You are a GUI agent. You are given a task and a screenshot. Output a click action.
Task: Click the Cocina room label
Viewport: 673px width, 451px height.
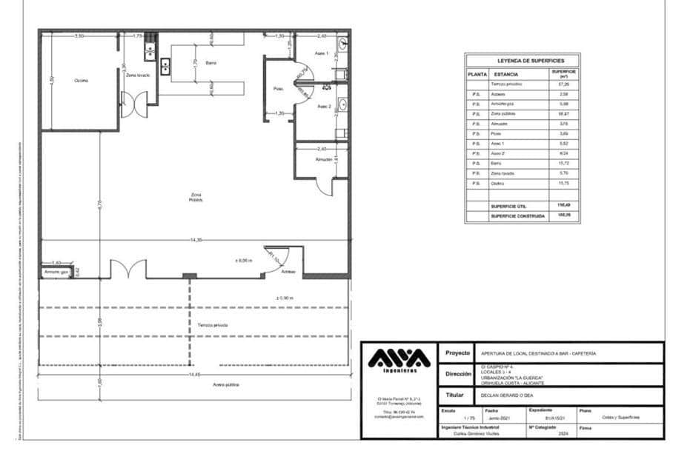tap(82, 81)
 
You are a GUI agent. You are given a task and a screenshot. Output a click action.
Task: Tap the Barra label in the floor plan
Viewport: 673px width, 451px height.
tap(211, 64)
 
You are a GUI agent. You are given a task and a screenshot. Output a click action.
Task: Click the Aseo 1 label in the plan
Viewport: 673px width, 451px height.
tap(320, 54)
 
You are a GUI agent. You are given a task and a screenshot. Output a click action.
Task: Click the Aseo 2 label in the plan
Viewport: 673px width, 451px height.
tap(324, 106)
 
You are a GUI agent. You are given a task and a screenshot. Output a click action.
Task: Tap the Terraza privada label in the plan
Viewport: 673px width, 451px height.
tap(213, 325)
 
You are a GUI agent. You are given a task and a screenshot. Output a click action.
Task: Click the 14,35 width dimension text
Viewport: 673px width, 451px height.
tap(196, 241)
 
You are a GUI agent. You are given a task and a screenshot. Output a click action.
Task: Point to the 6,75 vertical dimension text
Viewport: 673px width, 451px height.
tap(98, 204)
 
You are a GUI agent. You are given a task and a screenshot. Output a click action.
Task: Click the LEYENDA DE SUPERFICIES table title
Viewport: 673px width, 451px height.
tap(523, 61)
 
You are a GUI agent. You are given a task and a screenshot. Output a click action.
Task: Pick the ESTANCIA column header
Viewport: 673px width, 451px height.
tap(506, 74)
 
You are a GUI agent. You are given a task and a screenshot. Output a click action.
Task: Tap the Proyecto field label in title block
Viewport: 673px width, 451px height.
tap(457, 354)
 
